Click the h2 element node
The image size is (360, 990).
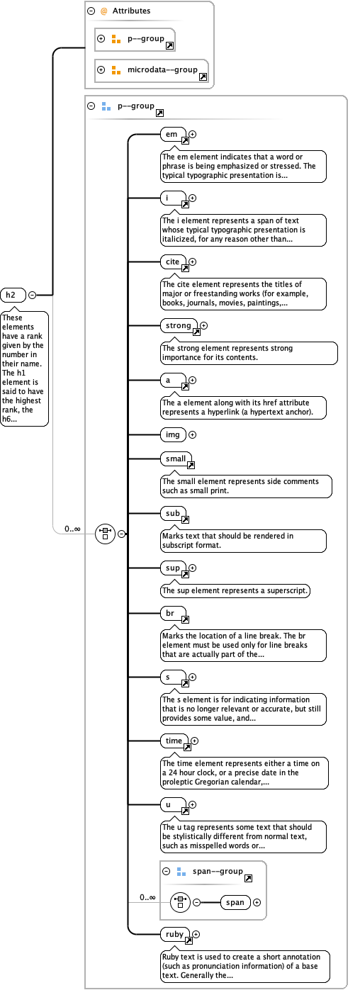(11, 295)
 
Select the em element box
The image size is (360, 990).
(172, 134)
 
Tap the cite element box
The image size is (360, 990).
(172, 262)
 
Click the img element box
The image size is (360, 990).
(171, 434)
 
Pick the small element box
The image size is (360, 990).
(175, 459)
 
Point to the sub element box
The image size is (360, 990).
(172, 513)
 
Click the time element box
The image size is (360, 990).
(174, 741)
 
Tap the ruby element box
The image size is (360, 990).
(174, 934)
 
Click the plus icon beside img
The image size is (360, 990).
(192, 434)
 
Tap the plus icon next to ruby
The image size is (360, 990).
(196, 935)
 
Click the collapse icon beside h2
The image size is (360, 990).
(32, 295)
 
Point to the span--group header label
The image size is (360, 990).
(218, 871)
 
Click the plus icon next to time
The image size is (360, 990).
(195, 741)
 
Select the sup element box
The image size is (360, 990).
(172, 567)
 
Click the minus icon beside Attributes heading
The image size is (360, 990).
(91, 11)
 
